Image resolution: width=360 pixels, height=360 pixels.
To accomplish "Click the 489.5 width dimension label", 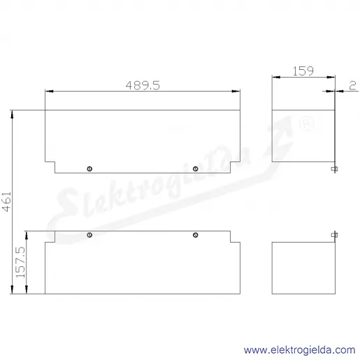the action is [143, 85].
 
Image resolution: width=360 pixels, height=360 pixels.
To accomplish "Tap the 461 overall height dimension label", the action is [7, 202].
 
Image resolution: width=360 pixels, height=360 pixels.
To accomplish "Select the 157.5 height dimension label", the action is [20, 262].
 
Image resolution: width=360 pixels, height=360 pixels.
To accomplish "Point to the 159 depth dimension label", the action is [303, 71].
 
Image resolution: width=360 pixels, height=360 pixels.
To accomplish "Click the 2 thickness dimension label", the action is [352, 85].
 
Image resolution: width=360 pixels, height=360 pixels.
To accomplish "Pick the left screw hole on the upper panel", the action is [89, 168].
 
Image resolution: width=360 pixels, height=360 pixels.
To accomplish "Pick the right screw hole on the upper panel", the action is [196, 168].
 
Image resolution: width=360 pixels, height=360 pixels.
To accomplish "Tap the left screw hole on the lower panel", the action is [89, 235].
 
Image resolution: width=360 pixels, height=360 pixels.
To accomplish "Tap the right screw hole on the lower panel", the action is [196, 235].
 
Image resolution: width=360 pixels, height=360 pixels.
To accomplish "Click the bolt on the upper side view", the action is [335, 169].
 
